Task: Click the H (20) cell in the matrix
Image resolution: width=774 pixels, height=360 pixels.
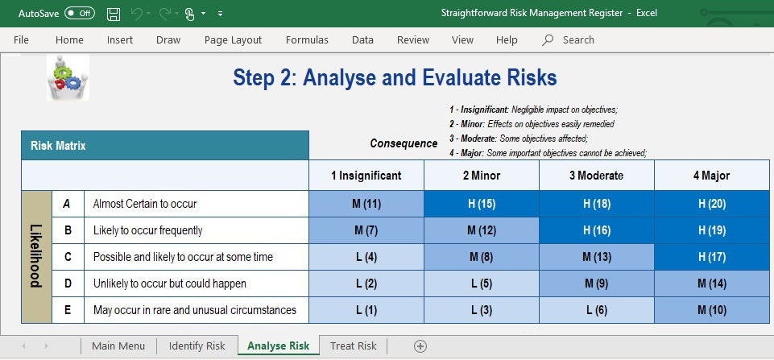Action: (x=713, y=204)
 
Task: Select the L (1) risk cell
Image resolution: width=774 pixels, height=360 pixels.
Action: (x=366, y=310)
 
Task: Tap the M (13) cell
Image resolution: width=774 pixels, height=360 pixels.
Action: (x=596, y=257)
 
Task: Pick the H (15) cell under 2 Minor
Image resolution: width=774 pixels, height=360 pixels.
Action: (x=481, y=204)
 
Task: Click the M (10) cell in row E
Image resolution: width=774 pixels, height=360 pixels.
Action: (x=713, y=310)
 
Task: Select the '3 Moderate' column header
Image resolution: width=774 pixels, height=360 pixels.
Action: (x=596, y=176)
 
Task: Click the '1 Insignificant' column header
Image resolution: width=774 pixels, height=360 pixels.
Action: (x=366, y=176)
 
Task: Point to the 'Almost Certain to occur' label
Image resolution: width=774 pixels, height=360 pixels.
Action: (x=145, y=204)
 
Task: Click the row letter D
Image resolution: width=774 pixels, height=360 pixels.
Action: (x=68, y=283)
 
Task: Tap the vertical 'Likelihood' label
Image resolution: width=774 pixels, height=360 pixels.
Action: (x=36, y=257)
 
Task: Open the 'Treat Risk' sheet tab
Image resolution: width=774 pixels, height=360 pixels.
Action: (x=353, y=346)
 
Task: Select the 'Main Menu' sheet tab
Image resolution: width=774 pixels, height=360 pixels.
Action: (x=118, y=346)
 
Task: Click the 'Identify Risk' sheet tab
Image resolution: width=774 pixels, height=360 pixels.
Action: (x=197, y=346)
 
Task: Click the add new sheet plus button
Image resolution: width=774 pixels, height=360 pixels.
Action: (x=420, y=346)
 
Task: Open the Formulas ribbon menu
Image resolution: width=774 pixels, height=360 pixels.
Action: (x=307, y=39)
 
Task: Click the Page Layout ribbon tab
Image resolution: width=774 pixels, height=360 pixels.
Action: (x=233, y=39)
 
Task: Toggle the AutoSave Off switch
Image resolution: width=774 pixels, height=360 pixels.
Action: (x=79, y=14)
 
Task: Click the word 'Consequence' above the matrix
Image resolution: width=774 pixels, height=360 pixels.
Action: (x=404, y=143)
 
